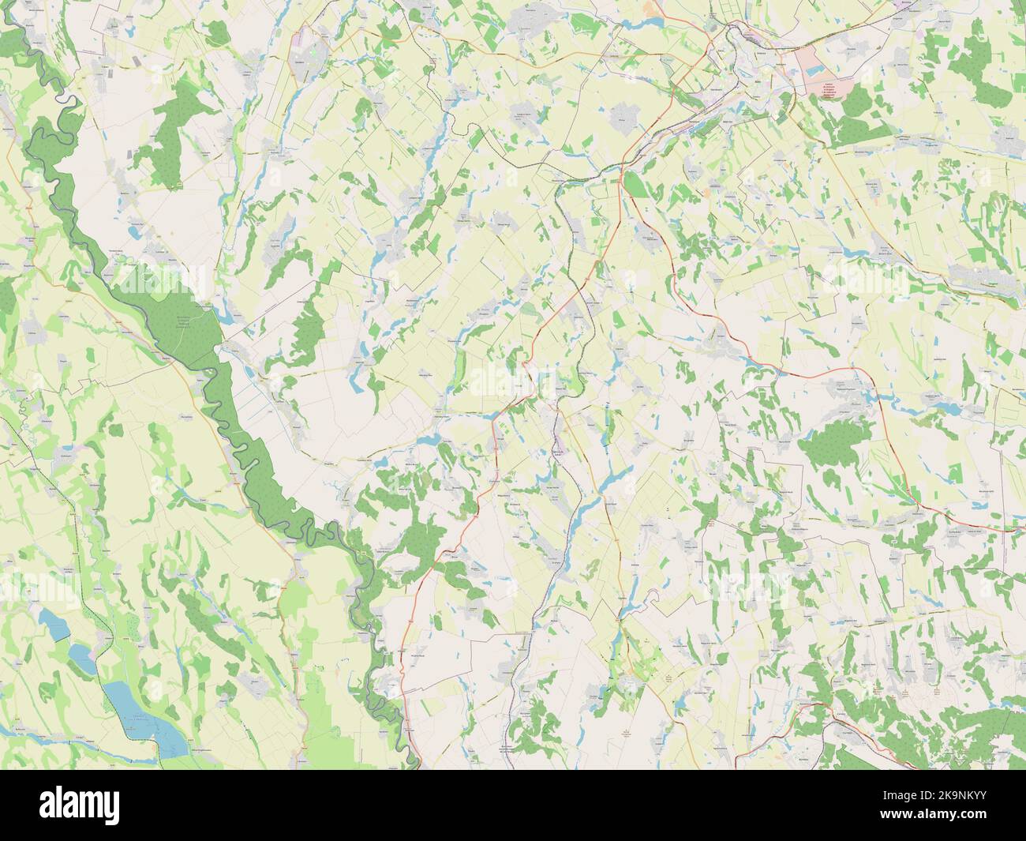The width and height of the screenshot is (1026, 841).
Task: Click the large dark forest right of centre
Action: (837, 450)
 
